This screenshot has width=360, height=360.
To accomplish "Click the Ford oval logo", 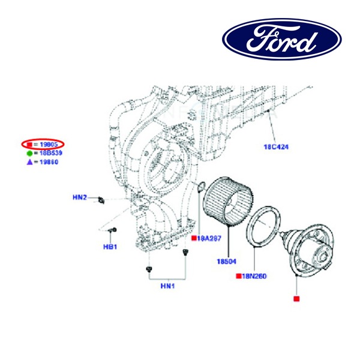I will tap(282, 40).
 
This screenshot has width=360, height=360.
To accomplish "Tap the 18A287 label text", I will tap(208, 238).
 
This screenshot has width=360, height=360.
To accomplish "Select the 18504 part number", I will tap(227, 261).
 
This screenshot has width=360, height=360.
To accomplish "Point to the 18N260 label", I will tap(254, 276).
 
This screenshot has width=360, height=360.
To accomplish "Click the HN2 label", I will tap(80, 197).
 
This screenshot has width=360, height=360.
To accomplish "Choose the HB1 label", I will tap(109, 247).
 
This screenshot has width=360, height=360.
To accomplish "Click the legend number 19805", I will tap(49, 145).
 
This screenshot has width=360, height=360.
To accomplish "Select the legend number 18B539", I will tap(49, 153).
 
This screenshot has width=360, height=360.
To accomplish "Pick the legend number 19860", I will tap(49, 161).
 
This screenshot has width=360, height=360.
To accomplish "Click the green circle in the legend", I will tap(29, 153).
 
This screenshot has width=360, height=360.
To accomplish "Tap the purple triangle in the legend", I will tap(29, 161).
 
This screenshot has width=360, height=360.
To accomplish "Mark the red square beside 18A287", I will tap(193, 238).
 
